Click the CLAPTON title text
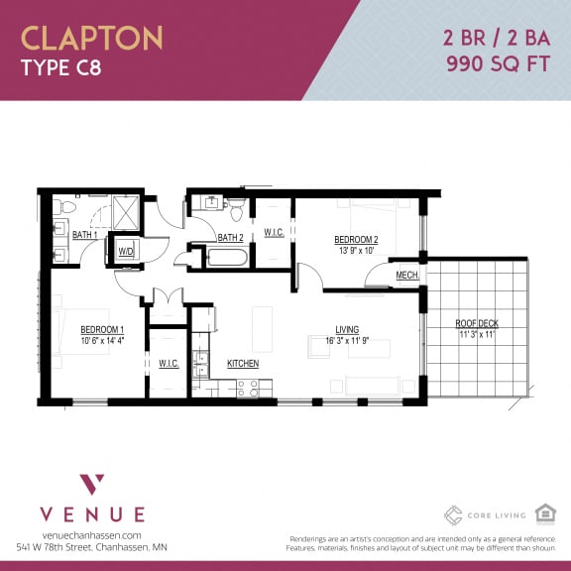[x=92, y=38]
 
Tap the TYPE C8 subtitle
[x=60, y=68]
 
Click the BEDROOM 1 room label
[x=102, y=329]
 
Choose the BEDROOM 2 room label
[x=355, y=240]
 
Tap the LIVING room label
[x=347, y=329]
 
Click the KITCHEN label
[x=243, y=364]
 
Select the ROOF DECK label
[x=476, y=323]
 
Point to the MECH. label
[x=406, y=276]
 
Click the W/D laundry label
[x=127, y=252]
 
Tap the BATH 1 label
[x=85, y=235]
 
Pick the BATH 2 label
[x=230, y=238]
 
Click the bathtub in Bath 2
[x=231, y=260]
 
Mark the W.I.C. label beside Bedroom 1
[x=169, y=364]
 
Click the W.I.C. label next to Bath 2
[x=275, y=234]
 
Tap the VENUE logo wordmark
[x=92, y=514]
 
